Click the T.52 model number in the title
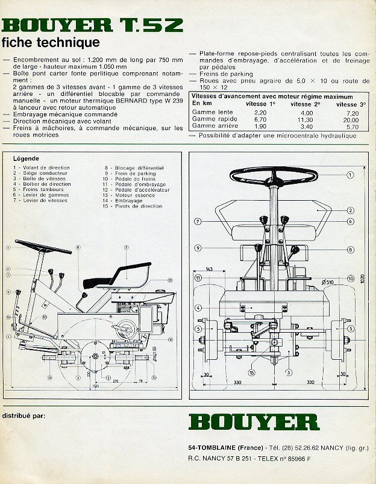(x=151, y=26)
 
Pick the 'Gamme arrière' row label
(x=211, y=127)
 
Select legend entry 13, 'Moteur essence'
(x=124, y=195)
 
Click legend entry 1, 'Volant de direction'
(x=42, y=168)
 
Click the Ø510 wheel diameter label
(x=327, y=281)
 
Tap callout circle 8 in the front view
(x=350, y=249)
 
